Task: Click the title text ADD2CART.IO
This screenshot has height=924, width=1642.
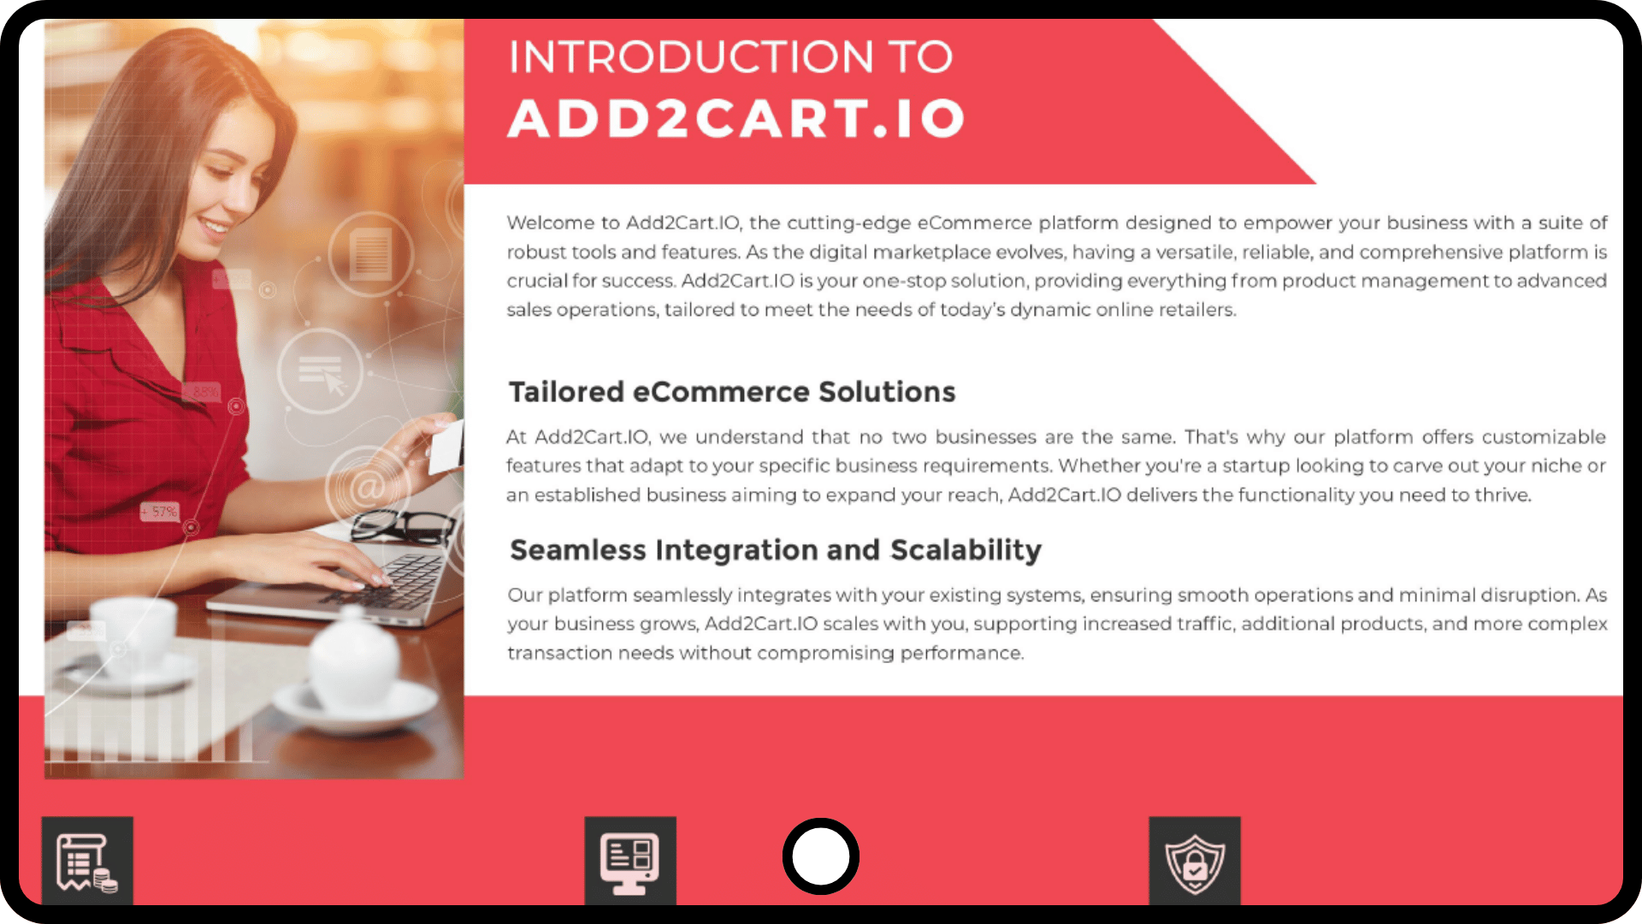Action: click(x=736, y=118)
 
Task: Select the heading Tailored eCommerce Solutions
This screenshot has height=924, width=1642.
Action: click(x=732, y=392)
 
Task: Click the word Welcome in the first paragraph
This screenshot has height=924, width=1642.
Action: click(x=550, y=222)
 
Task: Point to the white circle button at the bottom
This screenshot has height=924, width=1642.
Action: click(x=821, y=856)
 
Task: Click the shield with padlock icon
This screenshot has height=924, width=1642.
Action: click(x=1195, y=862)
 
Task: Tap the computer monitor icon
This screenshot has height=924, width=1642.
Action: click(x=630, y=862)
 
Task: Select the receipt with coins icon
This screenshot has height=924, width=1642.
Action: click(x=87, y=862)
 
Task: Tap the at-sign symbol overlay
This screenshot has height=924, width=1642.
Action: click(x=367, y=488)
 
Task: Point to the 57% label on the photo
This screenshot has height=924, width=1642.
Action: click(x=160, y=512)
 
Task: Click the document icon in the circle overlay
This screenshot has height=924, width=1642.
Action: click(x=371, y=254)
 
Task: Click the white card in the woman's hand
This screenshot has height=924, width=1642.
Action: click(x=446, y=445)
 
